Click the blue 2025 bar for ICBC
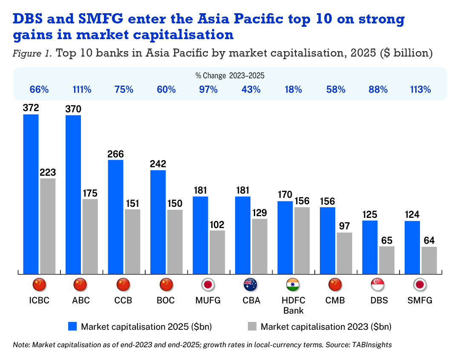pyautogui.click(x=31, y=194)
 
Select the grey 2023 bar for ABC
pyautogui.click(x=90, y=236)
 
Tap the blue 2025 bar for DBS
pyautogui.click(x=370, y=247)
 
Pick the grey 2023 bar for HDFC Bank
pyautogui.click(x=302, y=240)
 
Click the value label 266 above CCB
pyautogui.click(x=116, y=154)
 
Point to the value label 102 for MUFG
pyautogui.click(x=217, y=225)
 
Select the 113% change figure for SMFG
pyautogui.click(x=421, y=90)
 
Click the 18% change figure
pyautogui.click(x=294, y=90)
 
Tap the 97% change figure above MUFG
pyautogui.click(x=209, y=90)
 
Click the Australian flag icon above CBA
pyautogui.click(x=251, y=284)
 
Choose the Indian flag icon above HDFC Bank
pyautogui.click(x=294, y=284)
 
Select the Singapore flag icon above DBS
pyautogui.click(x=379, y=284)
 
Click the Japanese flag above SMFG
pyautogui.click(x=421, y=284)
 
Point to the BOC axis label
pyautogui.click(x=166, y=300)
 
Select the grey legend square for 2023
pyautogui.click(x=252, y=327)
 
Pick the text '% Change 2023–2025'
pyautogui.click(x=230, y=76)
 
